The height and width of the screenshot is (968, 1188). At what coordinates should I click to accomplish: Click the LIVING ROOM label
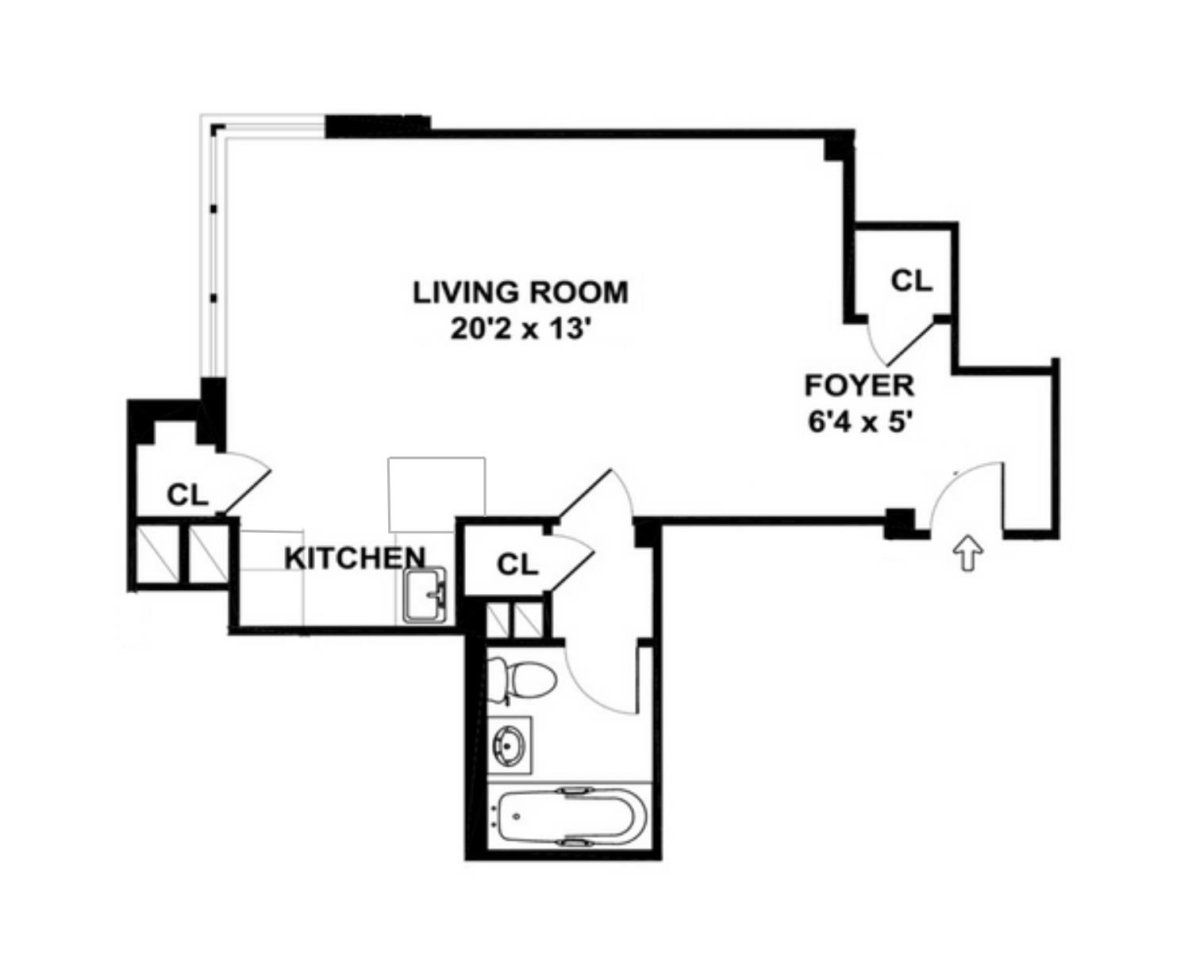pyautogui.click(x=520, y=292)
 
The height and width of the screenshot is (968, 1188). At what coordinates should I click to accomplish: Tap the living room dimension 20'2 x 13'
pyautogui.click(x=520, y=328)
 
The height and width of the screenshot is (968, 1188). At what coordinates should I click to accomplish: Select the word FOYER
pyautogui.click(x=859, y=386)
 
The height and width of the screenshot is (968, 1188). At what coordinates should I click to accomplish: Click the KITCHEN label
pyautogui.click(x=355, y=557)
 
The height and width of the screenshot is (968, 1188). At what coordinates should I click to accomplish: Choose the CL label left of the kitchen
pyautogui.click(x=187, y=495)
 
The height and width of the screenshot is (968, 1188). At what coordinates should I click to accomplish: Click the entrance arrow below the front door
pyautogui.click(x=967, y=552)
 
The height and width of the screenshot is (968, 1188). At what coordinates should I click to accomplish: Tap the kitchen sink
pyautogui.click(x=425, y=595)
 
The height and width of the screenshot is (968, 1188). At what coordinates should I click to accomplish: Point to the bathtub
pyautogui.click(x=568, y=816)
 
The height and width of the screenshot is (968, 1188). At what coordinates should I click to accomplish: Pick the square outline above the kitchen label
pyautogui.click(x=436, y=494)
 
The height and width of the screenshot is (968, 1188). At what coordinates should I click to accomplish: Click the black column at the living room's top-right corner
pyautogui.click(x=836, y=147)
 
